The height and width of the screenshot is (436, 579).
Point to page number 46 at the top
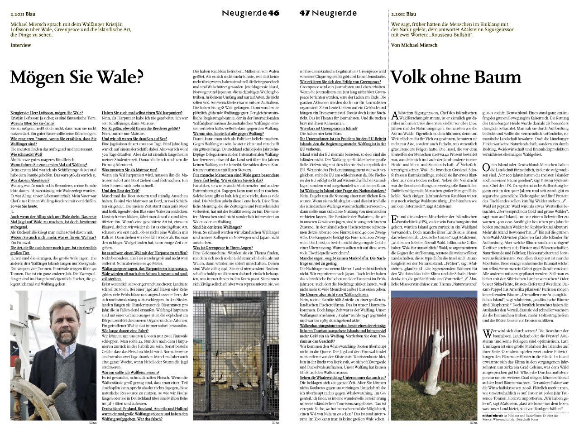coord(274,13)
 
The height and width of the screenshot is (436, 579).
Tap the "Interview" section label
coord(20,45)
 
